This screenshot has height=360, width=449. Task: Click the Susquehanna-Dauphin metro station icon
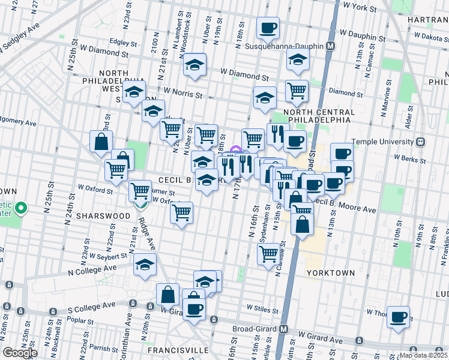[330, 46]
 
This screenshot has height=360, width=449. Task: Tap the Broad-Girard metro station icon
[284, 329]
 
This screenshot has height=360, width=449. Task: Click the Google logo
[20, 352]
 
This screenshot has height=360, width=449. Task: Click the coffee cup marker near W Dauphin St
[268, 28]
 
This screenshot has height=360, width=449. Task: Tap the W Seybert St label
[108, 256]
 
